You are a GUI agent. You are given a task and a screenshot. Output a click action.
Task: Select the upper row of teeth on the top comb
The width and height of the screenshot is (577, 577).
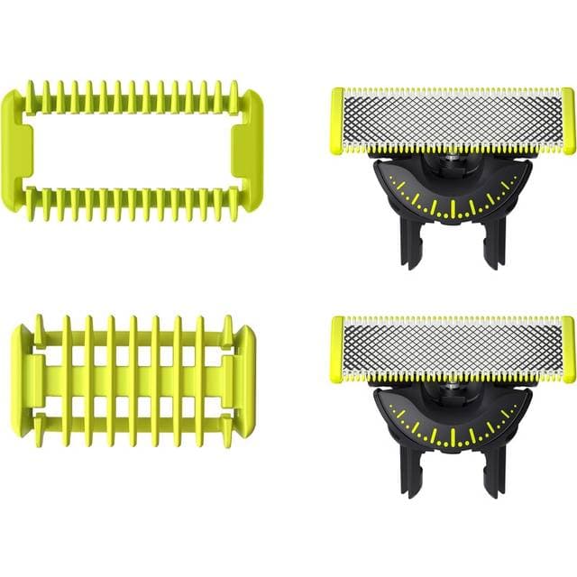click(133, 99)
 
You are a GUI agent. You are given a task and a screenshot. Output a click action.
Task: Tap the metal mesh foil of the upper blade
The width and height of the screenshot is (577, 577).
click(453, 120)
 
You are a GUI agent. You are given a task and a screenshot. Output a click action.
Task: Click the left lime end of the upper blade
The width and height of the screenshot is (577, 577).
click(336, 120)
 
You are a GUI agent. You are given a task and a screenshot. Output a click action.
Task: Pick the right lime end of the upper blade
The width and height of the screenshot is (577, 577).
click(568, 120)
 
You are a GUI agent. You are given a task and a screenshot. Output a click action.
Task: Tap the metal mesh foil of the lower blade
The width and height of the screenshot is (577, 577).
click(453, 349)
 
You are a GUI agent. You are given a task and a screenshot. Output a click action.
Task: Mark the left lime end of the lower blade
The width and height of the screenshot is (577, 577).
click(336, 349)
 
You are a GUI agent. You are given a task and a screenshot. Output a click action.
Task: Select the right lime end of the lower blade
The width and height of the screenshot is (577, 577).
click(568, 349)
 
